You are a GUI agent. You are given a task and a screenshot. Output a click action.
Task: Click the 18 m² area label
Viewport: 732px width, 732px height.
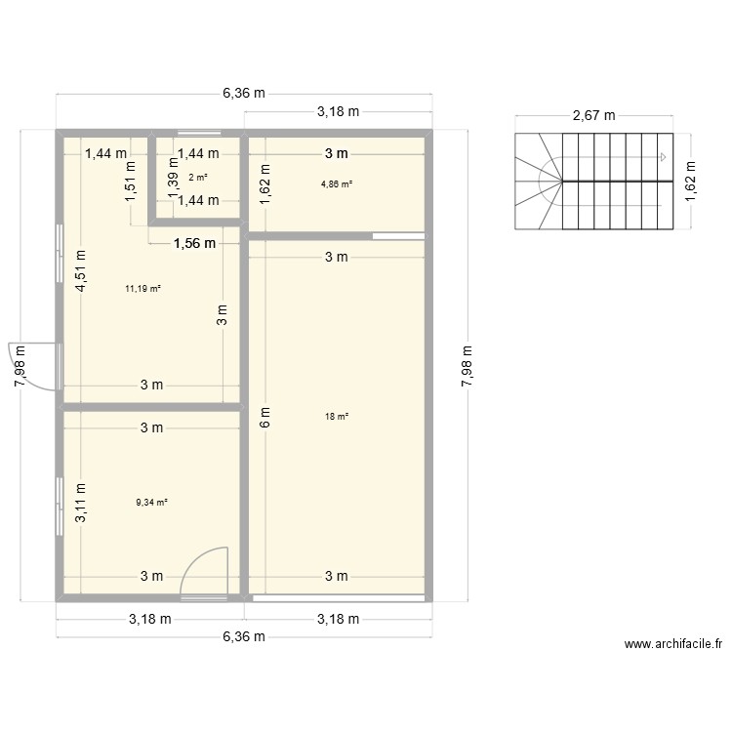[x=337, y=417]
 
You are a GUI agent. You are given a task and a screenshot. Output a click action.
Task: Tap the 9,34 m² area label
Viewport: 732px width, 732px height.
[x=152, y=503]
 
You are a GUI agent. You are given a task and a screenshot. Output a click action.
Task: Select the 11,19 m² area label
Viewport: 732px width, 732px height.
[x=142, y=288]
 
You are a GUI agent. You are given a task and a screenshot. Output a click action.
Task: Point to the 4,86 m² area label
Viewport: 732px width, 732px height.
[x=337, y=183]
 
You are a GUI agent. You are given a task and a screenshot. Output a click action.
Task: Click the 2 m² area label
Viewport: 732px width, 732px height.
[x=198, y=177]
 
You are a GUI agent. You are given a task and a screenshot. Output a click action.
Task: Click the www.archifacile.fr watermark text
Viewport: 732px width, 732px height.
[x=673, y=644]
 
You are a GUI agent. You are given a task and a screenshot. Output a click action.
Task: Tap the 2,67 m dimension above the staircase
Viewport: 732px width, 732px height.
[x=593, y=114]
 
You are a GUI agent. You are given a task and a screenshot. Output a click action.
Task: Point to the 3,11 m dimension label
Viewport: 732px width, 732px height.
[x=82, y=504]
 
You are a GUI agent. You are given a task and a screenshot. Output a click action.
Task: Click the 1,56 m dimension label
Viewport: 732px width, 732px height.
[x=194, y=244]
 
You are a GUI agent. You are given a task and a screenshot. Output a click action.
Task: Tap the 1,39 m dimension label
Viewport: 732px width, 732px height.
[x=173, y=181]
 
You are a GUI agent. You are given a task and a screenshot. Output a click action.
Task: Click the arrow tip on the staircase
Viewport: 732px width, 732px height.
[x=664, y=156]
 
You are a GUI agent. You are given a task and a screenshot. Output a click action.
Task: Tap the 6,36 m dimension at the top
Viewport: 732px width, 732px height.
[x=244, y=94]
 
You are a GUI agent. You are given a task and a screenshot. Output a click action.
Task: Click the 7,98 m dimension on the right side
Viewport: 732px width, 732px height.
[x=466, y=366]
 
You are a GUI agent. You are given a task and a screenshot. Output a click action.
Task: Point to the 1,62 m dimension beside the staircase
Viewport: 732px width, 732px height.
[x=690, y=181]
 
